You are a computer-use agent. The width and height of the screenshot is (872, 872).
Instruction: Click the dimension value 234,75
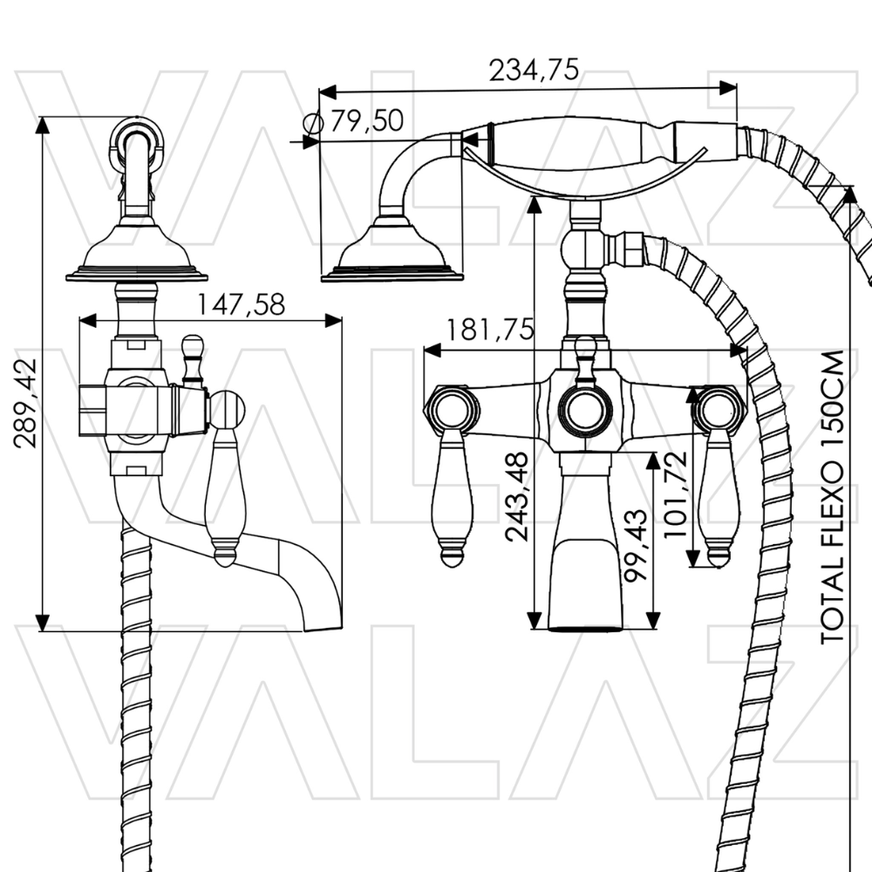tap(534, 70)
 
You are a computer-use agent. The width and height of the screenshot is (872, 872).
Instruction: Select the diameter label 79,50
tap(367, 120)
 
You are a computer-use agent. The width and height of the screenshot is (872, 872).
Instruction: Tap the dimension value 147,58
tap(242, 304)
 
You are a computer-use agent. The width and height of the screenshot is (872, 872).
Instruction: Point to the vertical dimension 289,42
tap(25, 403)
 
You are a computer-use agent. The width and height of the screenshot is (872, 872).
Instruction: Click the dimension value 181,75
tap(490, 330)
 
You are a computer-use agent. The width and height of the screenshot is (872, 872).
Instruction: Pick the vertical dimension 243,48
tap(516, 497)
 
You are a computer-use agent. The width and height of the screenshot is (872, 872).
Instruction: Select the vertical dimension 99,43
tap(635, 546)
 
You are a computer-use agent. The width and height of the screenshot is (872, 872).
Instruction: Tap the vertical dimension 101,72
tap(676, 494)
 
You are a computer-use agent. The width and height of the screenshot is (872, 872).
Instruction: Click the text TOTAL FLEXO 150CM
tap(833, 497)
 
